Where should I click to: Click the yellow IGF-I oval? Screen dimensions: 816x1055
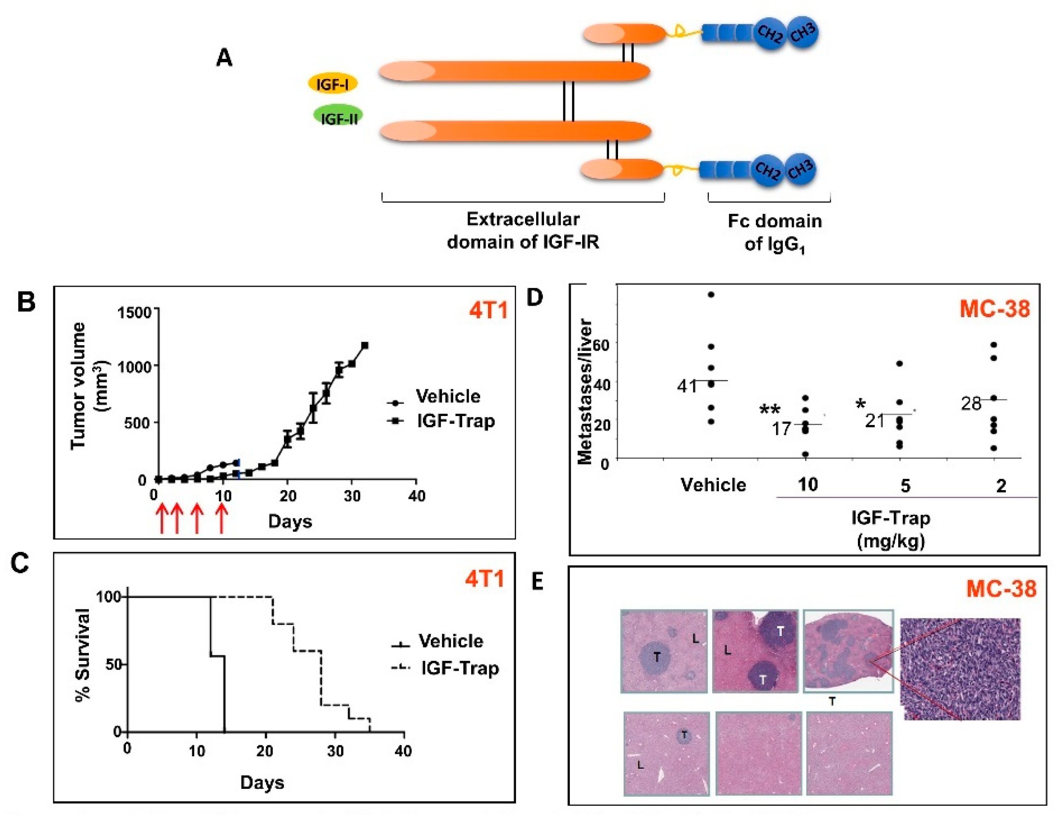coord(332,84)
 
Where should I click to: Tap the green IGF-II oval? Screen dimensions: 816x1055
coord(338,117)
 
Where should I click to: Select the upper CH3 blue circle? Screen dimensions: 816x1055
coord(803,33)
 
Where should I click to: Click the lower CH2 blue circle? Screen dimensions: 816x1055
coord(767,170)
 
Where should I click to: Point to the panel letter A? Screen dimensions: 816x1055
coord(224,58)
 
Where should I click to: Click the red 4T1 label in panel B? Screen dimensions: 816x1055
coord(488,310)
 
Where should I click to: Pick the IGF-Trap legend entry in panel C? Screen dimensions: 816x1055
coord(444,668)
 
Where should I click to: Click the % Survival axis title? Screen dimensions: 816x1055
coord(83,655)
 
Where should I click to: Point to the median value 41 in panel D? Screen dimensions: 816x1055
coord(687,386)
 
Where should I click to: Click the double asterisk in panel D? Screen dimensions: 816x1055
coord(769,411)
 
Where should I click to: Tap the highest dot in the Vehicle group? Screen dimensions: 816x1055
coord(711,295)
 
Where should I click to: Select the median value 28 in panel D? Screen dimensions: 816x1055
coord(971,403)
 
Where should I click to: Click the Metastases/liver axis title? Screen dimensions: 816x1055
coord(585,391)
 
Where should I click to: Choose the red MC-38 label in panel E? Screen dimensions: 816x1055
coord(1001,588)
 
